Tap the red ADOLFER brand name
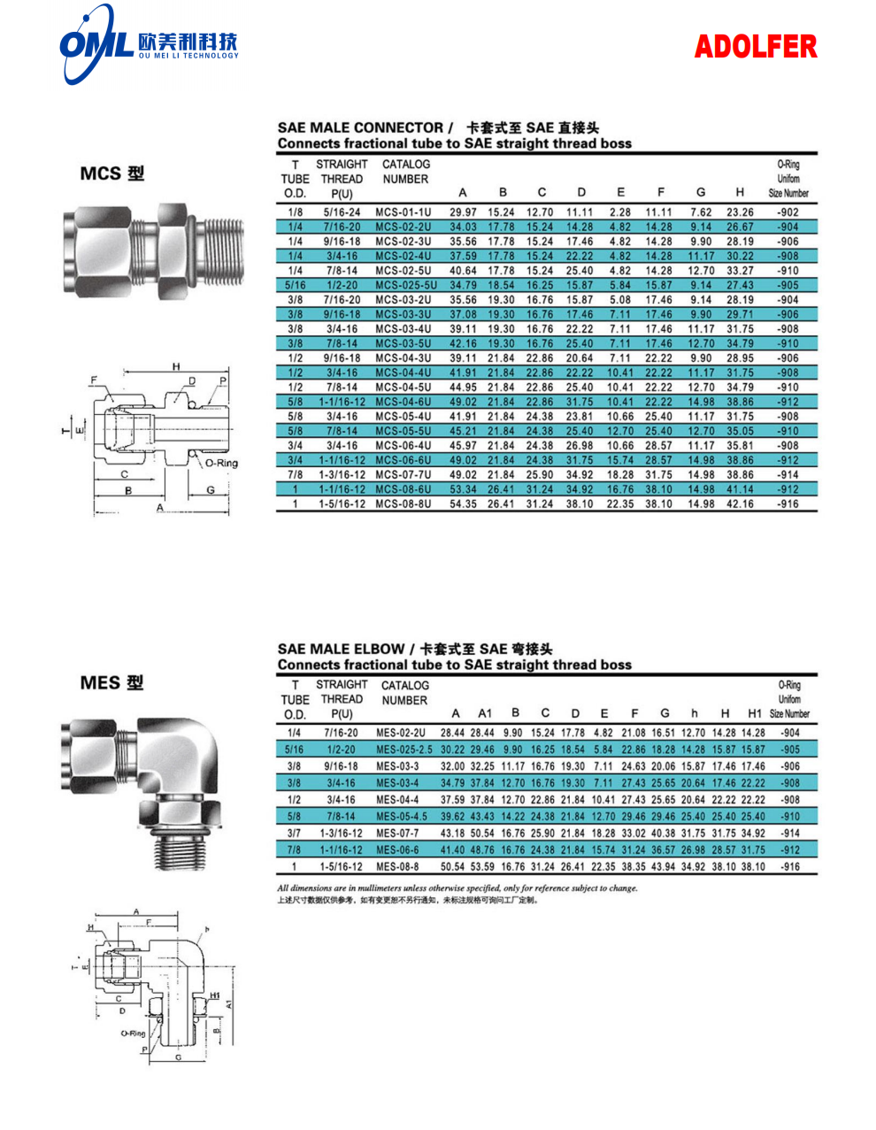756,47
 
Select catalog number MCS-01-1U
403,212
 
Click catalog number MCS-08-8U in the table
403,504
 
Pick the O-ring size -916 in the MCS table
787,504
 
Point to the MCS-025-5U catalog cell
406,285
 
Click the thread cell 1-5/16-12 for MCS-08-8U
342,504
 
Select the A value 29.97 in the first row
463,212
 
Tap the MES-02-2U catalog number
400,733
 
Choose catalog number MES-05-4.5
402,816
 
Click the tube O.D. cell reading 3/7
294,833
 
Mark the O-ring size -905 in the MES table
789,749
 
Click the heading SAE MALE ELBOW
341,649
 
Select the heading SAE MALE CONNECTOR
360,127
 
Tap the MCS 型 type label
111,173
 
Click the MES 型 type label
111,683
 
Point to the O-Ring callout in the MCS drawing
221,463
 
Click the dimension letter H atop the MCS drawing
176,366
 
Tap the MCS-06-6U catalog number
403,460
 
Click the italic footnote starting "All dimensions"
457,888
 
